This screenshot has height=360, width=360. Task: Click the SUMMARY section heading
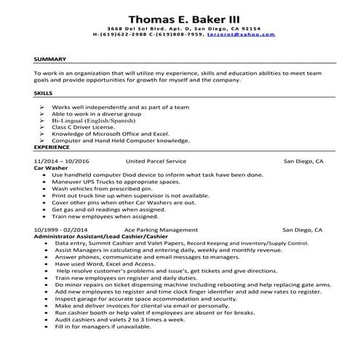coord(50,60)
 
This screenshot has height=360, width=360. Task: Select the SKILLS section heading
coord(44,94)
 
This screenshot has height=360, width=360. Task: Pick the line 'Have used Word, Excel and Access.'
coord(100,265)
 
